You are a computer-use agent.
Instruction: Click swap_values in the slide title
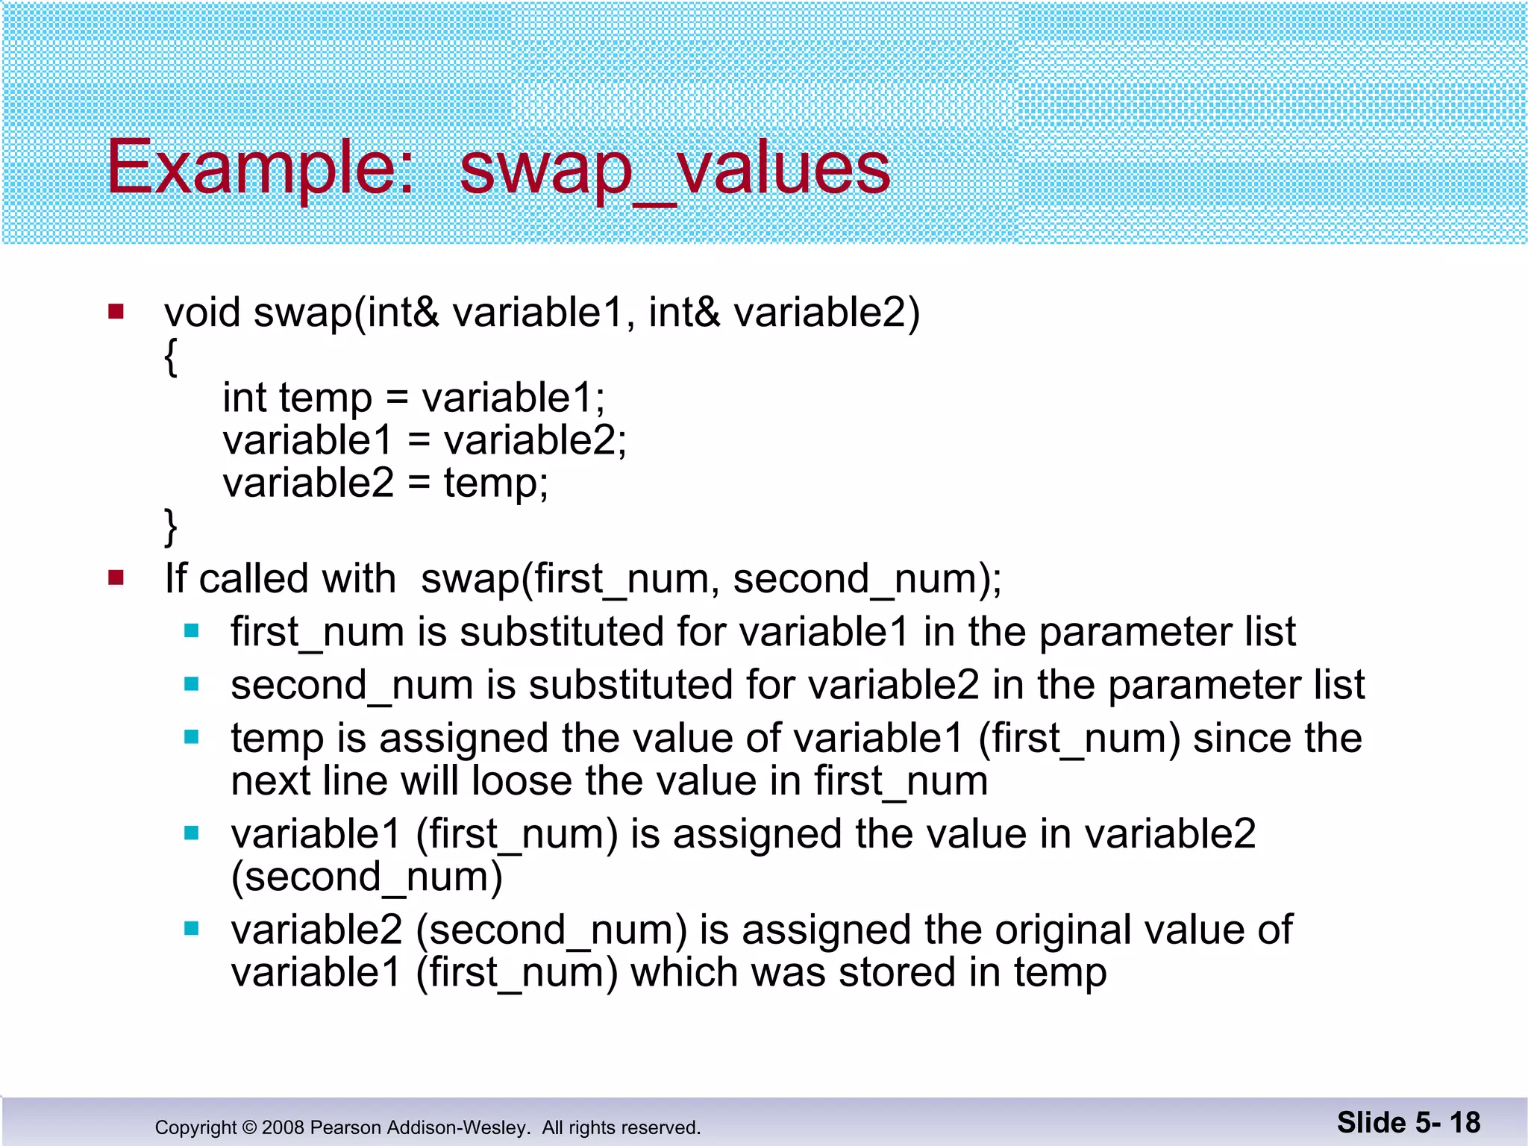click(x=674, y=169)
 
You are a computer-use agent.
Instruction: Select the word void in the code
click(x=202, y=312)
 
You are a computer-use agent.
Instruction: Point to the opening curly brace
click(x=171, y=357)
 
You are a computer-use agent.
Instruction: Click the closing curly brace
click(x=171, y=527)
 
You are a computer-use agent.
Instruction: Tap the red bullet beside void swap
click(x=116, y=311)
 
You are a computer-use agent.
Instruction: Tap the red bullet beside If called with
click(x=116, y=577)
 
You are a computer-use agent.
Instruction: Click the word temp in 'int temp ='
click(x=325, y=398)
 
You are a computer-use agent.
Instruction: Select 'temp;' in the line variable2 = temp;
click(x=496, y=483)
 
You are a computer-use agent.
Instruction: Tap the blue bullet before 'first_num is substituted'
click(x=192, y=631)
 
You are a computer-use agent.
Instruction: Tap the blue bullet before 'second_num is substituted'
click(x=192, y=684)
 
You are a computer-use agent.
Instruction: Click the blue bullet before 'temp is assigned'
click(x=192, y=737)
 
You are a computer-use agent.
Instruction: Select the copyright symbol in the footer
click(x=249, y=1127)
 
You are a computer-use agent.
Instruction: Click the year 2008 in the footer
click(x=283, y=1127)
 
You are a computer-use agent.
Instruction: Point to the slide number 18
click(x=1465, y=1122)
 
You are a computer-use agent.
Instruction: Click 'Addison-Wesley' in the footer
click(x=453, y=1127)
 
